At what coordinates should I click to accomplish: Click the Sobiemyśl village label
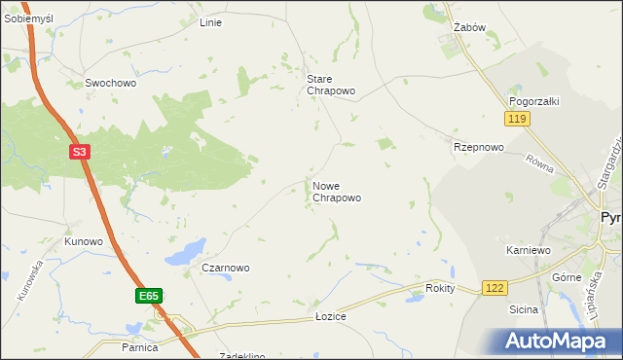[28, 19]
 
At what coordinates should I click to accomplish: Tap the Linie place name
[210, 22]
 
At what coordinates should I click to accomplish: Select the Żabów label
[469, 28]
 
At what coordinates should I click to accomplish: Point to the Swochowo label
[110, 84]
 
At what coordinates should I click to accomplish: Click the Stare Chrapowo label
[331, 85]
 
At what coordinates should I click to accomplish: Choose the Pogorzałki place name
[532, 101]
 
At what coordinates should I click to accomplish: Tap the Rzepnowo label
[478, 147]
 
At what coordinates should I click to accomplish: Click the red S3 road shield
[81, 153]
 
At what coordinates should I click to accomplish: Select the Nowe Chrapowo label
[337, 191]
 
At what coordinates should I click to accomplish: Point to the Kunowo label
[84, 240]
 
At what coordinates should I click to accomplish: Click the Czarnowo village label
[226, 268]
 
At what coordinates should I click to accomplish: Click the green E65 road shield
[147, 296]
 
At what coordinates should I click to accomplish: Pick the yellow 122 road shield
[495, 288]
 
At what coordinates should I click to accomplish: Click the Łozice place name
[331, 316]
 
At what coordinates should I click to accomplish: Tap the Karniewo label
[529, 250]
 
